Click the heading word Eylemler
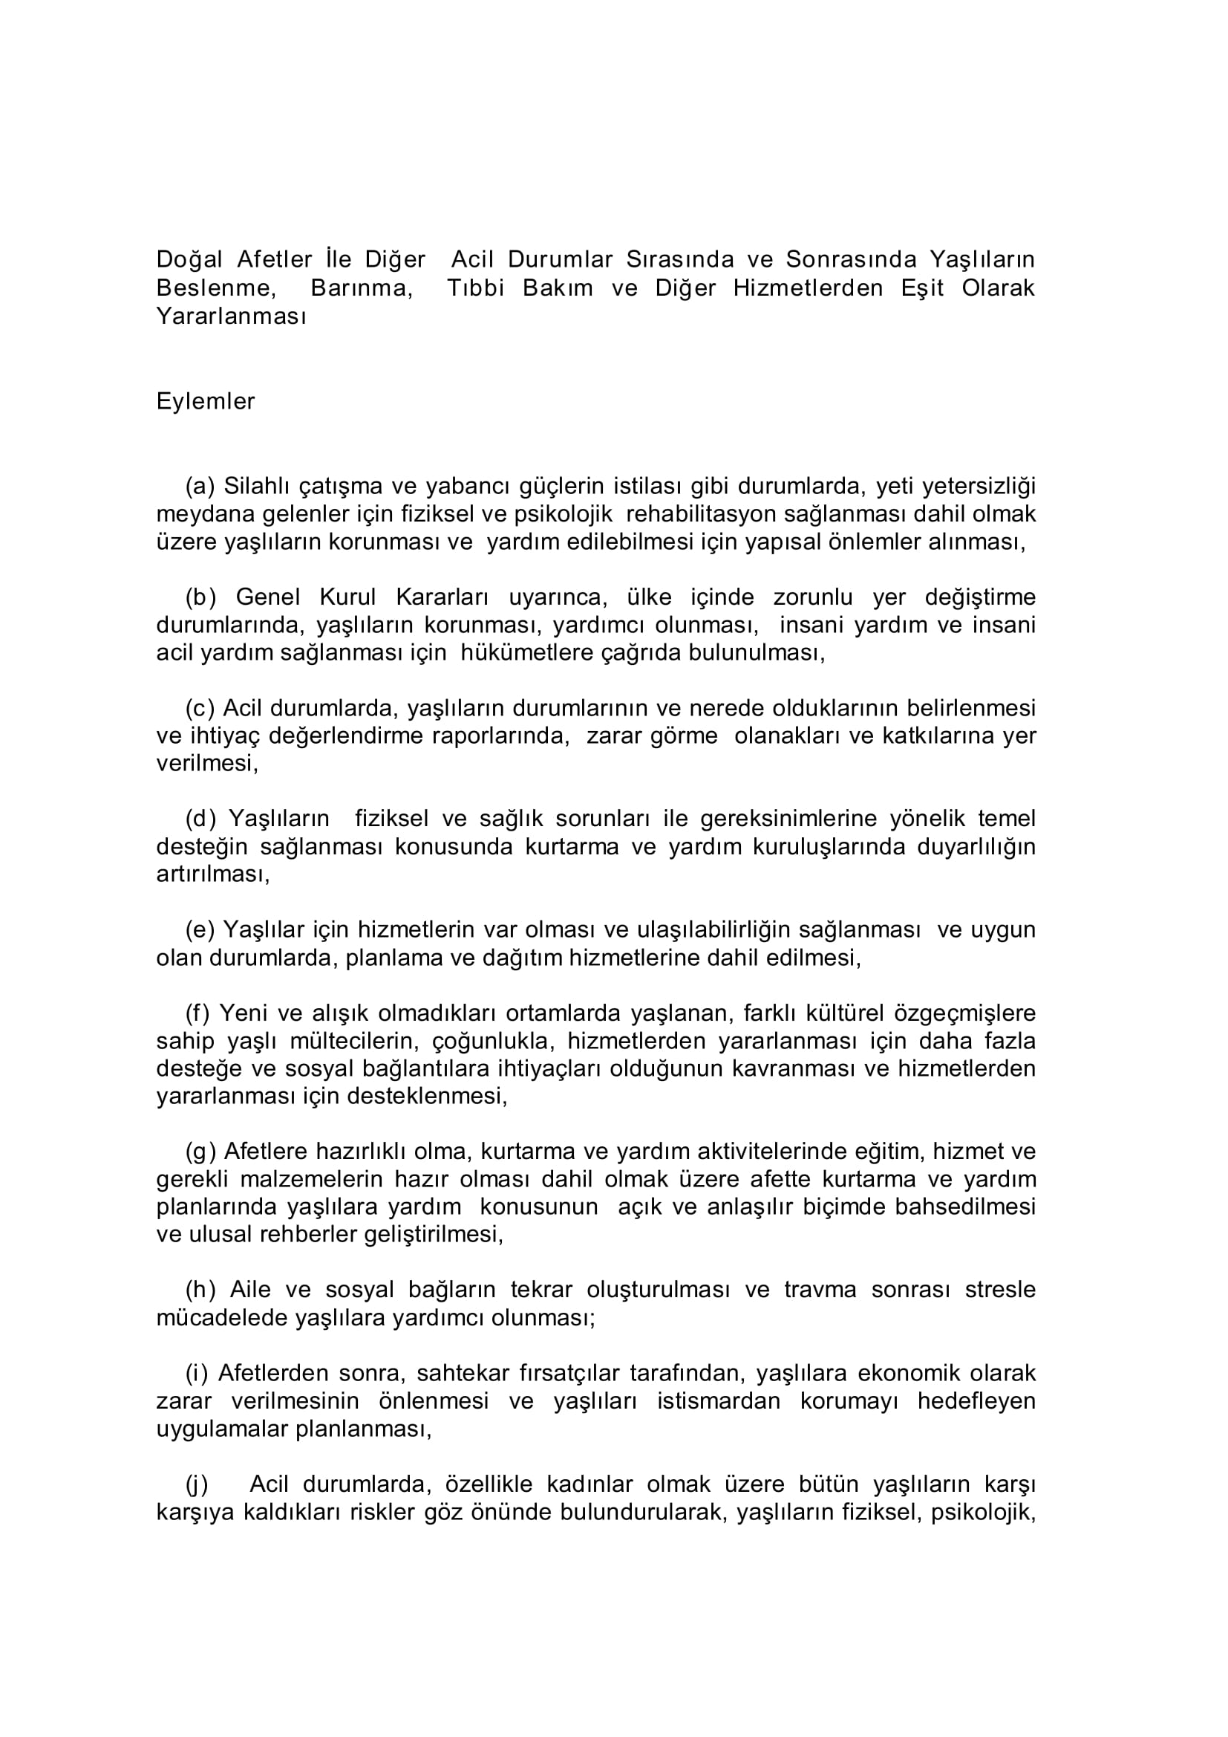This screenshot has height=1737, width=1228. (x=205, y=402)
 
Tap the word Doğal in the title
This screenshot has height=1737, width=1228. (x=189, y=260)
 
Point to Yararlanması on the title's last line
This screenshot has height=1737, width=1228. (x=231, y=316)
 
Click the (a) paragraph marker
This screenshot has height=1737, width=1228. (x=200, y=486)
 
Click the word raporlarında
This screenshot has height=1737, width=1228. (x=500, y=736)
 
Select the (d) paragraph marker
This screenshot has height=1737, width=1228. (x=201, y=819)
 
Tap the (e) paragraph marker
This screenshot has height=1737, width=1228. (x=200, y=929)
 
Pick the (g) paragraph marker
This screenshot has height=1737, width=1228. (x=201, y=1152)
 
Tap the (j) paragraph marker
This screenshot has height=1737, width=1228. (x=197, y=1484)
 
